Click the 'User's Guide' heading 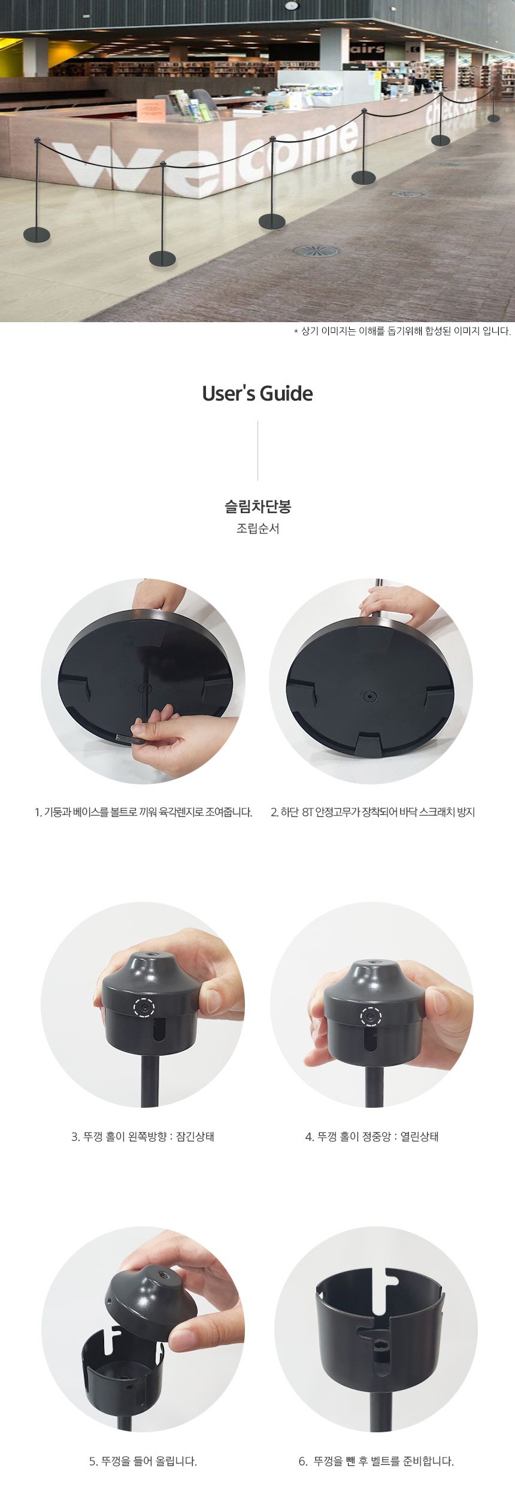click(257, 393)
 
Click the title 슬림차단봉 click(257, 507)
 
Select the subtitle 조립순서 click(257, 529)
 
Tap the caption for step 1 click(144, 813)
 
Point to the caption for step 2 click(372, 813)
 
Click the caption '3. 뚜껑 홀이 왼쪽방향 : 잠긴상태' click(143, 1136)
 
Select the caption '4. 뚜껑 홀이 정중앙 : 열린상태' click(372, 1136)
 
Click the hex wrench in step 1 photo click(128, 738)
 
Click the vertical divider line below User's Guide click(257, 451)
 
